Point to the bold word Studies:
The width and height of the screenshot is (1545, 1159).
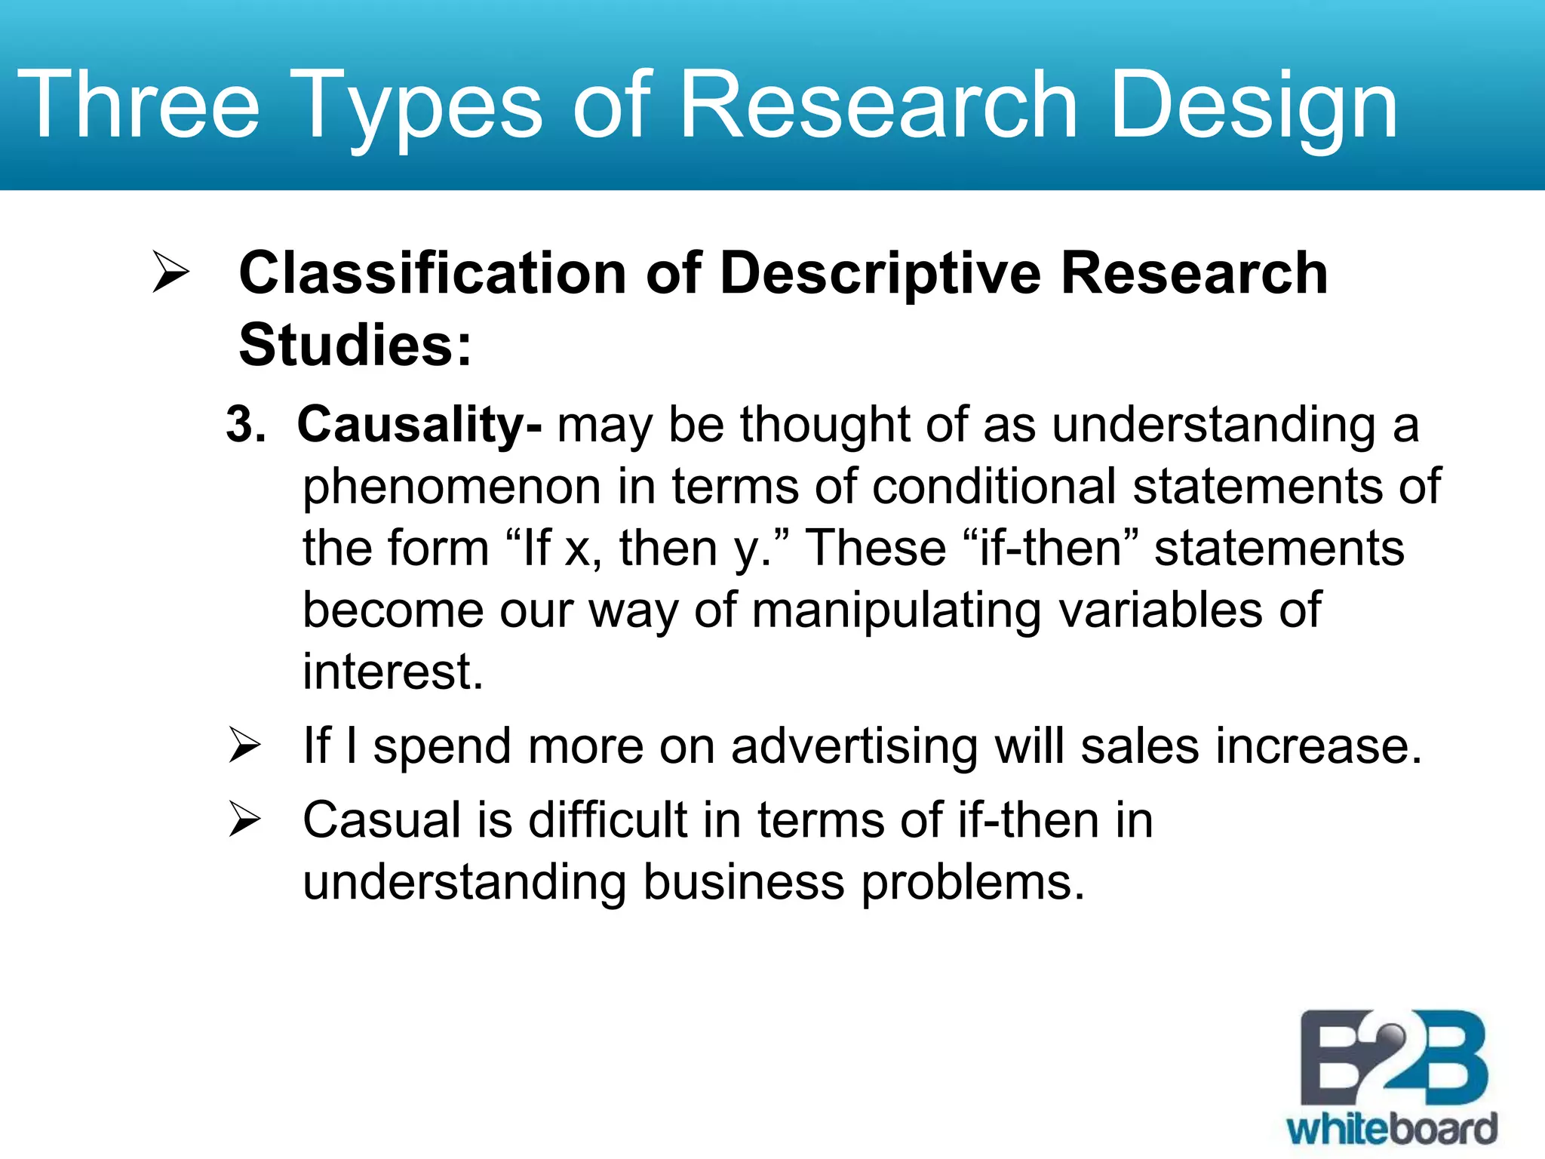tap(355, 346)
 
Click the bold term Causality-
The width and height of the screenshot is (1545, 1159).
tap(419, 425)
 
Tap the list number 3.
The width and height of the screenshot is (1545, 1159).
tap(245, 425)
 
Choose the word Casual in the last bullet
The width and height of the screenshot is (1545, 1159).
tap(381, 820)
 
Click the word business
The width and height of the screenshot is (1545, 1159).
tap(743, 882)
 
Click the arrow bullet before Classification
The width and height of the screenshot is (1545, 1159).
tap(170, 272)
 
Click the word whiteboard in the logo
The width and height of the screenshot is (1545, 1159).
tap(1392, 1130)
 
